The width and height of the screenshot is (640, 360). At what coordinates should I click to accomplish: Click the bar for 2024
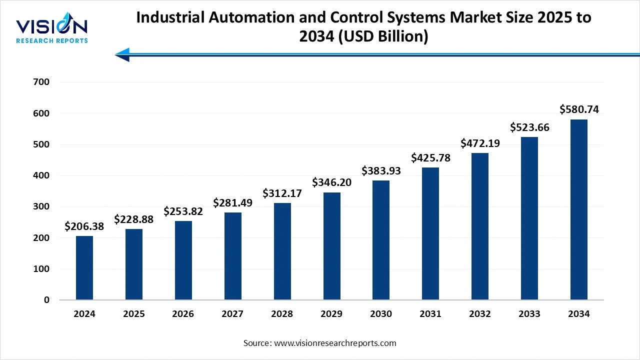click(x=84, y=268)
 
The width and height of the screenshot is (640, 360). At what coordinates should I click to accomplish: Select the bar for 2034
click(x=578, y=209)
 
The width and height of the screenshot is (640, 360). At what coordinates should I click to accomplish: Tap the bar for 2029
click(x=331, y=246)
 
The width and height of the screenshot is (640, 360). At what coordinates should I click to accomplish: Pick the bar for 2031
click(x=430, y=233)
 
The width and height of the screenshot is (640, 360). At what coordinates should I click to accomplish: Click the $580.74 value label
click(x=579, y=109)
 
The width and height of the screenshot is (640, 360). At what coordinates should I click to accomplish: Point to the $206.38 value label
click(x=84, y=226)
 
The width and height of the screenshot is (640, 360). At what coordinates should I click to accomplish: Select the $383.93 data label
click(x=381, y=170)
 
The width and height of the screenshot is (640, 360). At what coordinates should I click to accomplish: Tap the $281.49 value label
click(x=232, y=202)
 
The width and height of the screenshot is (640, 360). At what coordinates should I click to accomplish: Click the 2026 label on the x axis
click(x=183, y=314)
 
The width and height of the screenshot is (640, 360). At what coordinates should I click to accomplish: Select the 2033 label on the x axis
click(x=529, y=314)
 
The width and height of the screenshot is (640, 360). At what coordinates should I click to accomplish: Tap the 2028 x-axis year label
click(x=282, y=314)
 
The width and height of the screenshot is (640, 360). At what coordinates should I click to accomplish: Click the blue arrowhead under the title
click(x=122, y=54)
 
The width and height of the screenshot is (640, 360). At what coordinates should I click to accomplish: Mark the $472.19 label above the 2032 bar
click(x=480, y=143)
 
